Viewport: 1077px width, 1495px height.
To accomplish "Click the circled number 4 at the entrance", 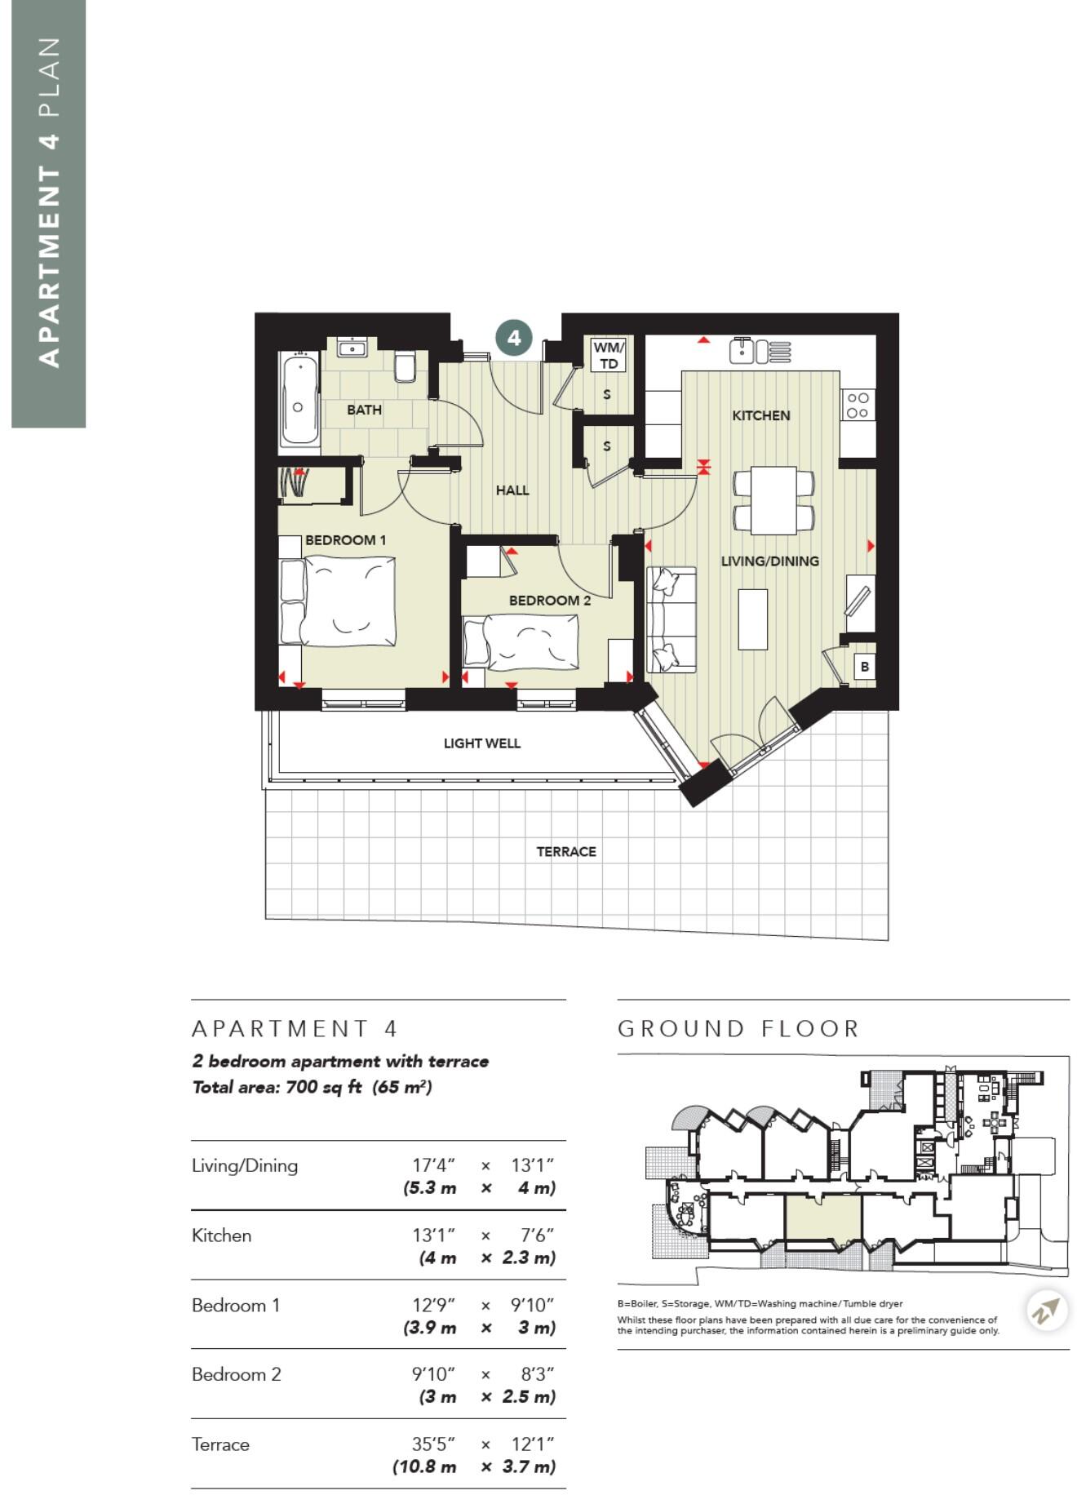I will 514,337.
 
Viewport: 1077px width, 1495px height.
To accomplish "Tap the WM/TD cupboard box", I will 609,356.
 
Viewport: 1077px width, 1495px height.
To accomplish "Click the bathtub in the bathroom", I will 299,399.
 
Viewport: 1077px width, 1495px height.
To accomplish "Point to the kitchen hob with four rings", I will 858,405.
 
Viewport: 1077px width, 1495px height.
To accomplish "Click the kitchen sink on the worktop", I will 742,351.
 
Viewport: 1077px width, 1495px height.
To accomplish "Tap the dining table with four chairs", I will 773,499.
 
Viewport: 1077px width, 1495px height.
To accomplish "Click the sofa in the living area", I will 671,620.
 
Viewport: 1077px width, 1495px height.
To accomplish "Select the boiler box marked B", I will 864,666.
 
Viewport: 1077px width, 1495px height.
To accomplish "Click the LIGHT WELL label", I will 481,743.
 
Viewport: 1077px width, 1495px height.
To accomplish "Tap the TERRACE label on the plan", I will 566,851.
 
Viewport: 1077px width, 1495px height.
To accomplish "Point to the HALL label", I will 512,490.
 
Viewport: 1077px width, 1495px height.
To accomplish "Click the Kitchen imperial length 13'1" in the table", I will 433,1235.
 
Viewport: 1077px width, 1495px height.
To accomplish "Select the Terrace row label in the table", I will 220,1444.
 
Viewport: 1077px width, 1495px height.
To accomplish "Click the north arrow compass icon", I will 1047,1311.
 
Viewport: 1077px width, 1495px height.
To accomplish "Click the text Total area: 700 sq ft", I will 277,1087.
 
